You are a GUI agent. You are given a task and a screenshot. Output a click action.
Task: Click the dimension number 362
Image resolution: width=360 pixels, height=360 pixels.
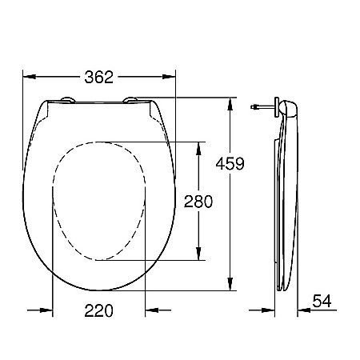(x=100, y=77)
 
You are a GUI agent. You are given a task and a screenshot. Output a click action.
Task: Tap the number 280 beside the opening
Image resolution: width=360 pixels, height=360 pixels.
(x=198, y=202)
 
